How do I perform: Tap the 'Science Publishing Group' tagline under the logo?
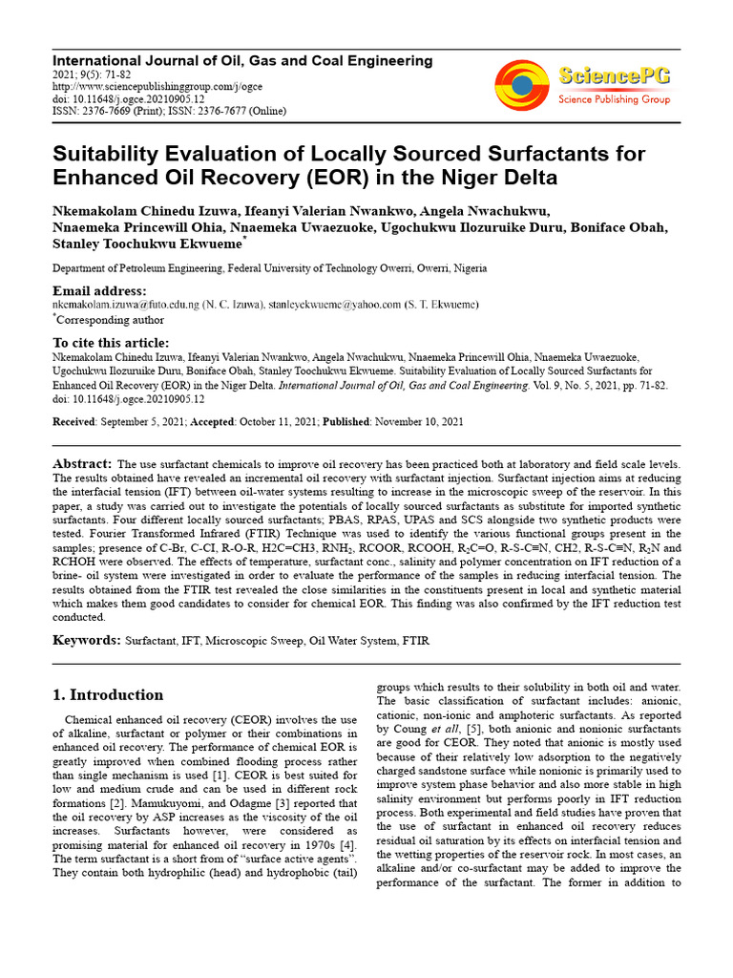click(614, 99)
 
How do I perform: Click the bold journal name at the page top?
click(241, 60)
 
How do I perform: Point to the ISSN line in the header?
click(169, 111)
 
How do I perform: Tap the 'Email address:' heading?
click(99, 290)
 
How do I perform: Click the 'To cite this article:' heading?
click(110, 343)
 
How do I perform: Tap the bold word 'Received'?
click(73, 421)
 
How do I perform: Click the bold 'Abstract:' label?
click(82, 462)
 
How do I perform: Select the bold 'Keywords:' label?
click(86, 639)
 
